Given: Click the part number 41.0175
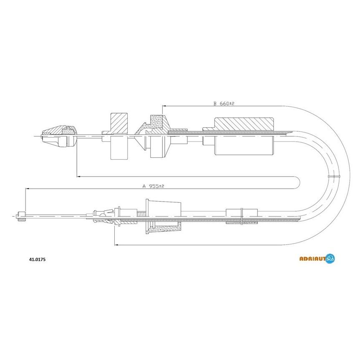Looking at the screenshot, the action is pos(37,260).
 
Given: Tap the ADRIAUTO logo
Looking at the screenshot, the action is pos(317,258).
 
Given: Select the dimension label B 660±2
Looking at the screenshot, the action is pos(224,103).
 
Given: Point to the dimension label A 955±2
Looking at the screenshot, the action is pos(153,186).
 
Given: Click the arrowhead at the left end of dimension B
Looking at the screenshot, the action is pos(164,106).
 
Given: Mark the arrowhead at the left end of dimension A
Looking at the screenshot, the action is pos(27,189).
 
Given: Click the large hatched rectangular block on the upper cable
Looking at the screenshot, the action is pos(244,124).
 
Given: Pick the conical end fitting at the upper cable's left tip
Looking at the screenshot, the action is pos(59,136).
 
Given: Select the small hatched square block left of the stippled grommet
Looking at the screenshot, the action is pos(119,123).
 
